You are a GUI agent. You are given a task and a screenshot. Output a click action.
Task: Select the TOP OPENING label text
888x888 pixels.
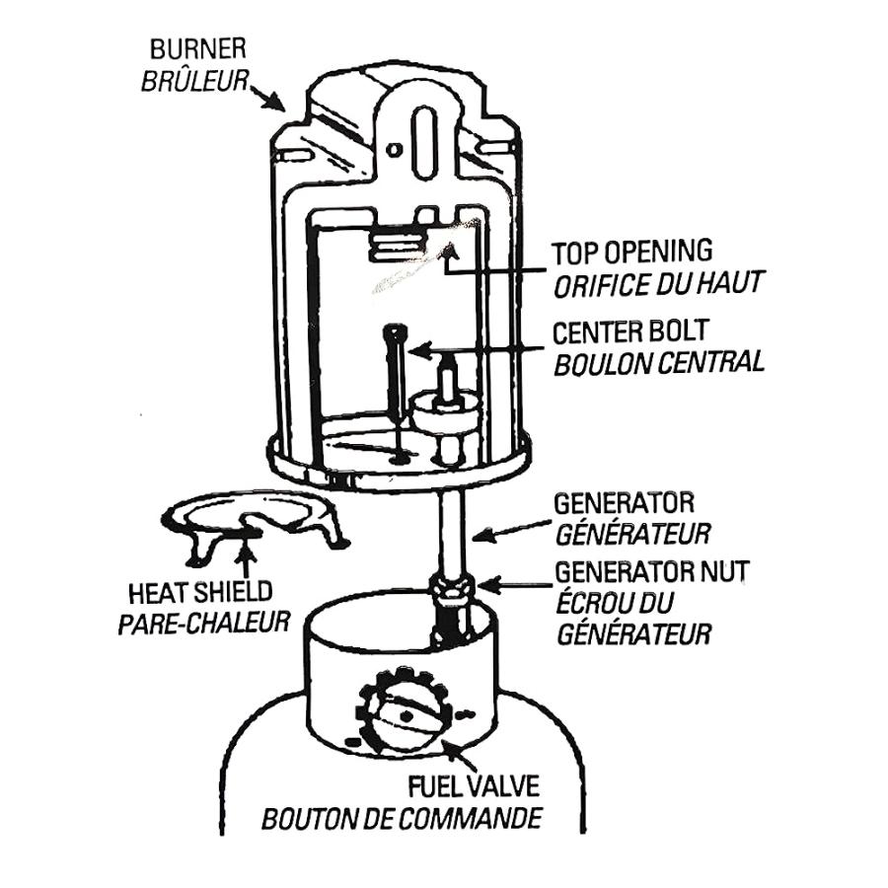tap(631, 253)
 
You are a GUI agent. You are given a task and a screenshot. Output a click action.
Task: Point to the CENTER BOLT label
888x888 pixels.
tap(630, 331)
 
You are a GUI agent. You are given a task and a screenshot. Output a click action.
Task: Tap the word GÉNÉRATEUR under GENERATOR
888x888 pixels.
tap(632, 536)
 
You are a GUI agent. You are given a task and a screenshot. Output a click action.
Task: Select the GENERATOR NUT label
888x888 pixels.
tap(651, 570)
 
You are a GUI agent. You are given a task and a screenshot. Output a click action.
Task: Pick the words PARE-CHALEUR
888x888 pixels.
tap(203, 624)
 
